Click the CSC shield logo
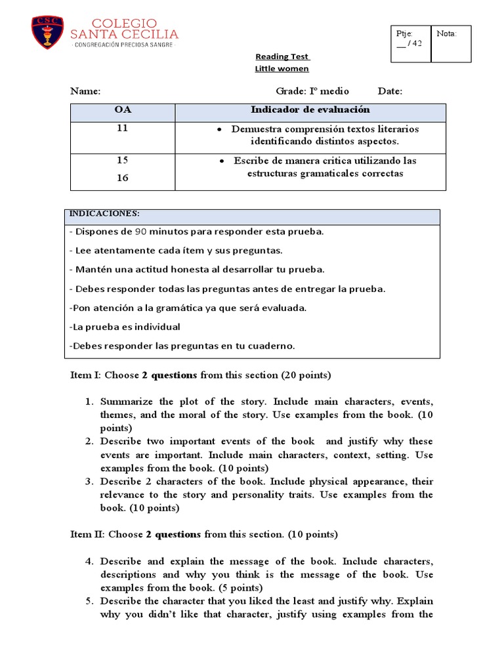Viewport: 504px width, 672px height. pyautogui.click(x=48, y=33)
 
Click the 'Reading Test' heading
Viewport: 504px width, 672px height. pyautogui.click(x=282, y=56)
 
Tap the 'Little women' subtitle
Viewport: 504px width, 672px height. pyautogui.click(x=282, y=69)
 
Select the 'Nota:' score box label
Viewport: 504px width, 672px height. pyautogui.click(x=446, y=33)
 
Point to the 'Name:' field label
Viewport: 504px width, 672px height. pyautogui.click(x=85, y=91)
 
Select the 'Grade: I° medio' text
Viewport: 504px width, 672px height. pyautogui.click(x=312, y=91)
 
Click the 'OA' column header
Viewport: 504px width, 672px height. pyautogui.click(x=123, y=110)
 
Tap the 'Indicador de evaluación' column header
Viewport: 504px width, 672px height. pyautogui.click(x=310, y=110)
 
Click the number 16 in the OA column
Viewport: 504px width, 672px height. pyautogui.click(x=123, y=178)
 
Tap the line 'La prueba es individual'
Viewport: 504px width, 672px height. pyautogui.click(x=124, y=327)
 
